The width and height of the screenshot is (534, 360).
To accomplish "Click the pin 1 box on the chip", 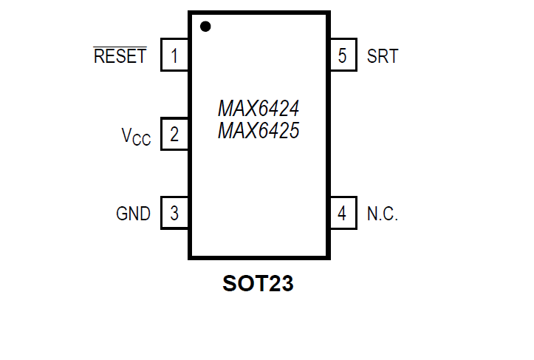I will tap(174, 55).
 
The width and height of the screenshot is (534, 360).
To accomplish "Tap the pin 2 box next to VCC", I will tap(174, 135).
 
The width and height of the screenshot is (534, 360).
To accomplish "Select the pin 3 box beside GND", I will tap(174, 214).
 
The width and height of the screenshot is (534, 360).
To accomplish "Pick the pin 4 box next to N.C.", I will tap(342, 214).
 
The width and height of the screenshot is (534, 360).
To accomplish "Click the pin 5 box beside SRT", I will tap(342, 55).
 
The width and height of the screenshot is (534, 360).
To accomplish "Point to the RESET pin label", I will tap(120, 56).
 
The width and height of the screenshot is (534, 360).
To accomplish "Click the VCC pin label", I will tap(137, 136).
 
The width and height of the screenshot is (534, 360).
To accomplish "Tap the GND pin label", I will tap(134, 214).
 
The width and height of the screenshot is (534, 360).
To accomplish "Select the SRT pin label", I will tap(383, 56).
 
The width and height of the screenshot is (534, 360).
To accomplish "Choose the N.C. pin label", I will tap(383, 214).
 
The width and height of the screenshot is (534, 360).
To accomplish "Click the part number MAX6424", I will tap(259, 109).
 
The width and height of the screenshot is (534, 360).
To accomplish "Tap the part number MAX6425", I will tap(259, 132).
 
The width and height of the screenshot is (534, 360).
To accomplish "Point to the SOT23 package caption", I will tap(258, 283).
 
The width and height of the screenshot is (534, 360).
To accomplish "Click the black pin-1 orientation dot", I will tap(205, 27).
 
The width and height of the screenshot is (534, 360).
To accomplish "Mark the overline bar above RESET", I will tap(120, 46).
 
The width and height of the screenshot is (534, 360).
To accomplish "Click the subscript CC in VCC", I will tap(143, 140).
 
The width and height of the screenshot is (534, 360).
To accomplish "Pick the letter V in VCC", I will tap(128, 135).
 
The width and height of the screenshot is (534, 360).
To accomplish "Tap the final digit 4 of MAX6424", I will tap(293, 109).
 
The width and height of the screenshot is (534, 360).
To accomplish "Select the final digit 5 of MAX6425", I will tap(293, 132).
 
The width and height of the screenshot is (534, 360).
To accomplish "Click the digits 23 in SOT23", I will tap(281, 283).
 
